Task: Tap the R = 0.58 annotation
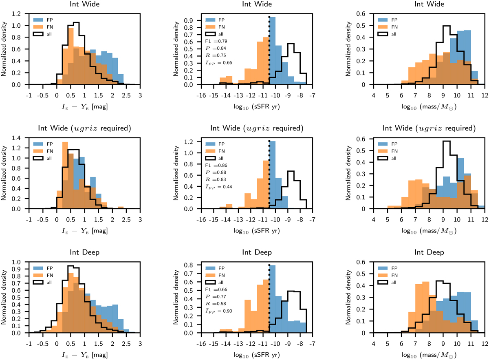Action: [x=214, y=303]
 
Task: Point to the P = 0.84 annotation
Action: [x=214, y=48]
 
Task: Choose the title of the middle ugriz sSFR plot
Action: [x=257, y=129]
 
